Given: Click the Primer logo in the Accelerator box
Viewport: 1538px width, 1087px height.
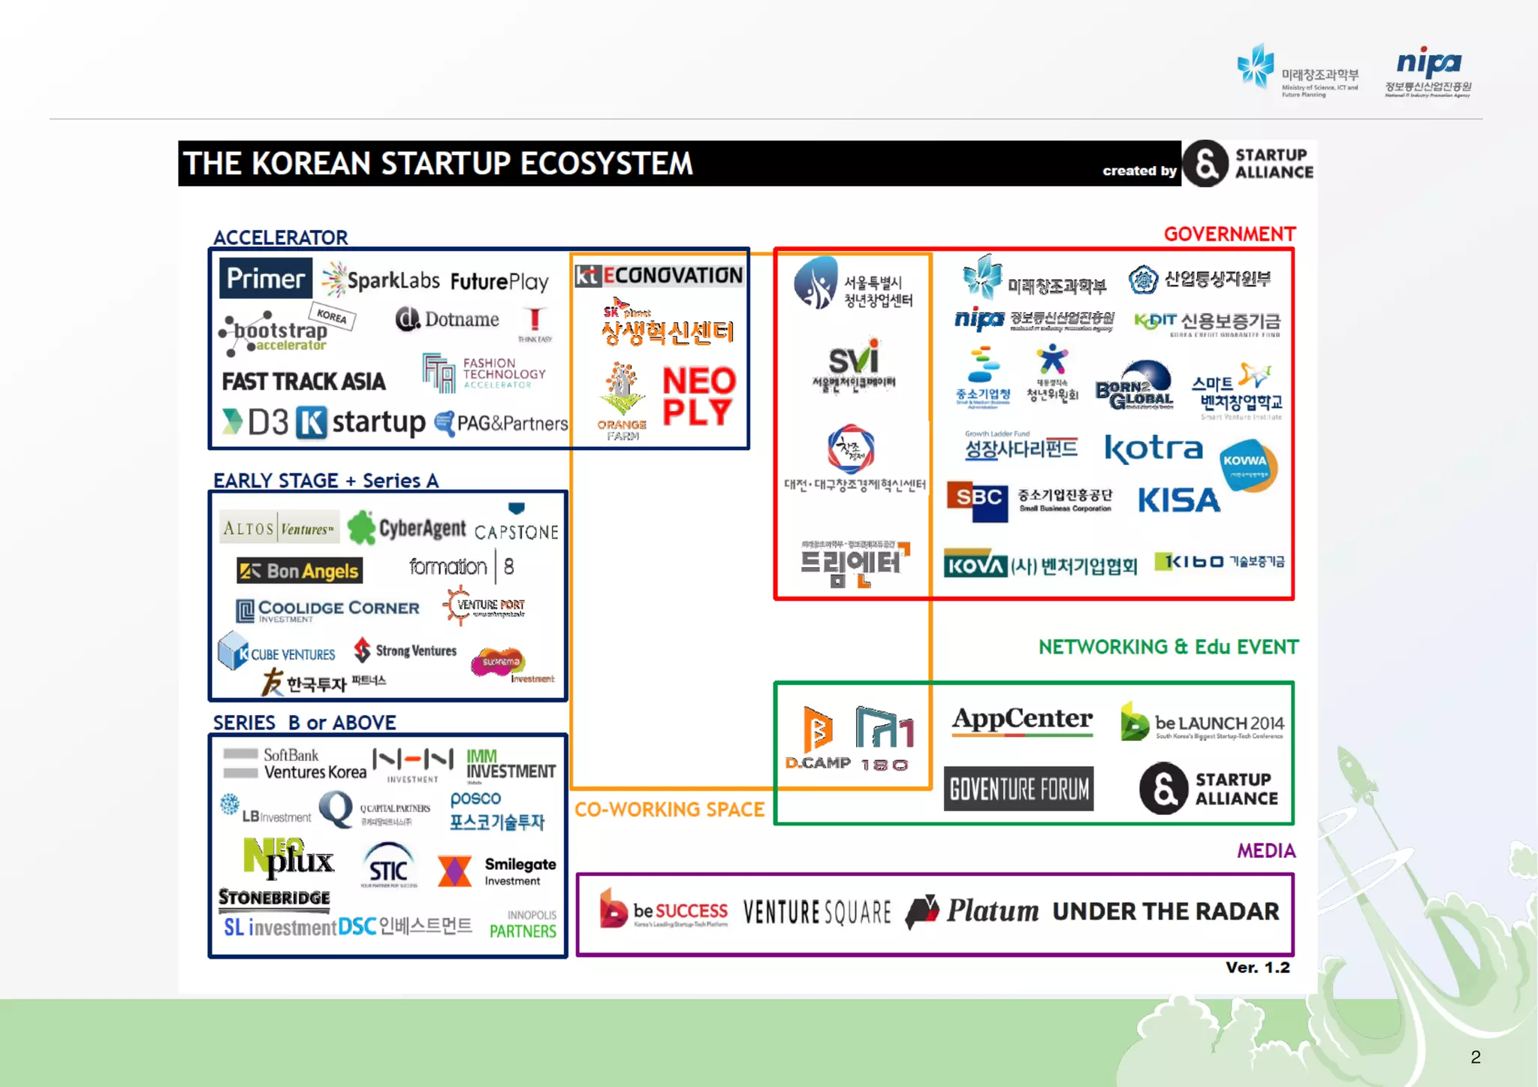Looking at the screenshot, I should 265,279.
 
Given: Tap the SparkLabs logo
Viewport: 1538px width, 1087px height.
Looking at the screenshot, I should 381,280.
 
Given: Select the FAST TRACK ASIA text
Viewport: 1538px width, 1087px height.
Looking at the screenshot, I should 303,382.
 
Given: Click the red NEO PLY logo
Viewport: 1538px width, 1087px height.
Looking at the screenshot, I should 698,397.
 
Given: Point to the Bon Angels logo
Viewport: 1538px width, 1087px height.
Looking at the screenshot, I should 299,571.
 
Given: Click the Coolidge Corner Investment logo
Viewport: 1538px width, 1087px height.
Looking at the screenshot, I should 327,610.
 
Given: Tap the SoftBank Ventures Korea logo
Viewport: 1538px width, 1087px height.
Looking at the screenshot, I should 295,764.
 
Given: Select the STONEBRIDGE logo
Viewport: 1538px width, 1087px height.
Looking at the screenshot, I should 274,898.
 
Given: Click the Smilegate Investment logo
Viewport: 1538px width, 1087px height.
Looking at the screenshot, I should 496,871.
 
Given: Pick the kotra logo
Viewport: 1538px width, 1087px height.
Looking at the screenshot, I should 1153,448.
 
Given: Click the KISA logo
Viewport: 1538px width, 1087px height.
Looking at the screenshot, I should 1178,500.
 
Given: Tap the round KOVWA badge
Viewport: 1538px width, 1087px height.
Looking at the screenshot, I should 1247,465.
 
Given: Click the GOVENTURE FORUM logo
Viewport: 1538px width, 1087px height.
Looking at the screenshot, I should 1018,789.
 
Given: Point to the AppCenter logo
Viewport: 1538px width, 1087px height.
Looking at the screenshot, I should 1022,720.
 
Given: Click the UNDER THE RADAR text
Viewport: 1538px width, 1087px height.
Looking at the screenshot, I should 1165,911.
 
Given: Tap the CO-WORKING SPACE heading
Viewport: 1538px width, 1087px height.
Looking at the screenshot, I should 669,810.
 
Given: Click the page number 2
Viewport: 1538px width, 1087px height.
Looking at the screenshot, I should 1475,1057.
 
